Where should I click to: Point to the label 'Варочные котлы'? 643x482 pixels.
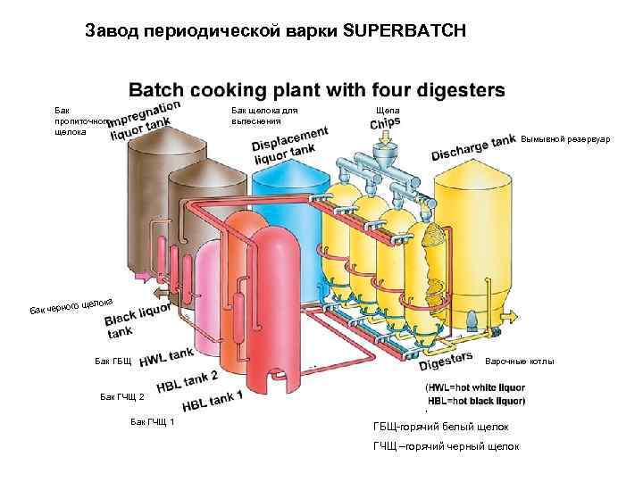(x=519, y=361)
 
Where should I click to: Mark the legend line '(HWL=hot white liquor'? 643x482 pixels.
(x=475, y=388)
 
